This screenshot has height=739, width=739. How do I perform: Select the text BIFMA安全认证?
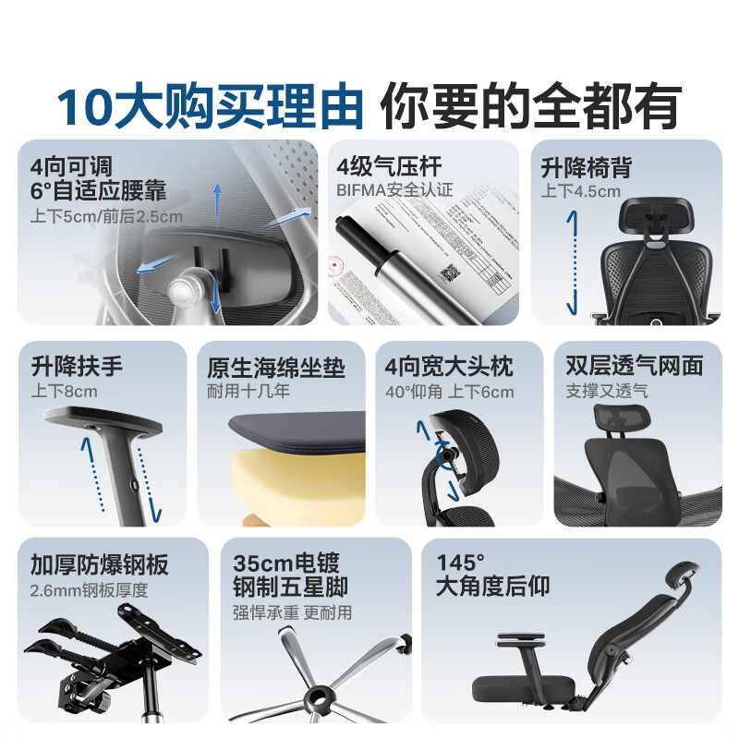pyautogui.click(x=394, y=190)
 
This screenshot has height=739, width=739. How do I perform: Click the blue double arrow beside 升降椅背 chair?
pyautogui.click(x=572, y=262)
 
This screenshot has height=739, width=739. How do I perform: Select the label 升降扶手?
pyautogui.click(x=76, y=366)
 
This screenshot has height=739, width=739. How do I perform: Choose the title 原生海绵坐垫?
pyautogui.click(x=276, y=367)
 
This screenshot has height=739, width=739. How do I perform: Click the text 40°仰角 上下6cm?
pyautogui.click(x=449, y=391)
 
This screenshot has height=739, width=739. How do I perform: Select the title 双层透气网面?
pyautogui.click(x=634, y=366)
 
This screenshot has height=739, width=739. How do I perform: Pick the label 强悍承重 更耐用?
pyautogui.click(x=292, y=612)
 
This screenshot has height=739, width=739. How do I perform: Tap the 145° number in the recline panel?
pyautogui.click(x=460, y=563)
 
